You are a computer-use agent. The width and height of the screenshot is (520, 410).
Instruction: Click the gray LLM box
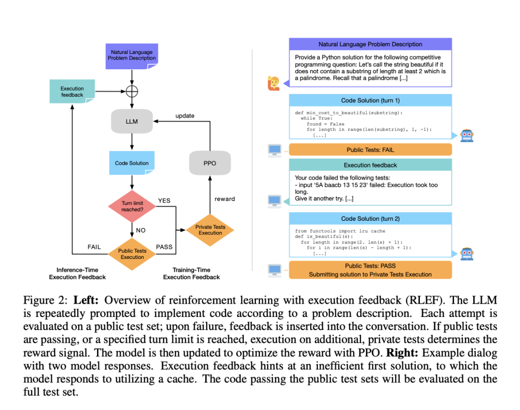click(x=132, y=122)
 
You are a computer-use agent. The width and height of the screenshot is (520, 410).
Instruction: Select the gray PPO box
click(x=210, y=164)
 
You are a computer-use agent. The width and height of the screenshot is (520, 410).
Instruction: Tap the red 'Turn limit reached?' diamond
click(x=132, y=206)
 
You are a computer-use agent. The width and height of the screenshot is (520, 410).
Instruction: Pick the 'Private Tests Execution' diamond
click(x=210, y=230)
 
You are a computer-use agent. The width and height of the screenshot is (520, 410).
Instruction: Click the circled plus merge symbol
click(x=132, y=92)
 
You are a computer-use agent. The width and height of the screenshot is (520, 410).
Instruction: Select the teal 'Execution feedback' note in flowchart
click(x=72, y=92)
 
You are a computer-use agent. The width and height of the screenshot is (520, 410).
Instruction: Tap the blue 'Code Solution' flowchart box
click(x=132, y=163)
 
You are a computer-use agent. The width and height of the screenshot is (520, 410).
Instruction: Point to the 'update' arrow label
click(x=184, y=115)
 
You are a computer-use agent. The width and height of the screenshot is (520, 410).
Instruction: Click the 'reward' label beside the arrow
click(x=224, y=199)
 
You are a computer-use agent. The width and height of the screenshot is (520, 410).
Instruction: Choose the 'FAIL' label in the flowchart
click(x=94, y=247)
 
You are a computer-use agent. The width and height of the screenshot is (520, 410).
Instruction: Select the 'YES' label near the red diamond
click(x=164, y=200)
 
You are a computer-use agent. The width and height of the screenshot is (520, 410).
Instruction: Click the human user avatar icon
click(x=273, y=83)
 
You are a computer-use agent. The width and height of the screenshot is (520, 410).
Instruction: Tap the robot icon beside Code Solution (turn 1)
click(x=466, y=135)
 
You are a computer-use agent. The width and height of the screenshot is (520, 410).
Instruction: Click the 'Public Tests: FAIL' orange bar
click(x=370, y=150)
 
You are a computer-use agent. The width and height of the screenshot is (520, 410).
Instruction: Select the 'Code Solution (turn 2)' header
click(x=370, y=218)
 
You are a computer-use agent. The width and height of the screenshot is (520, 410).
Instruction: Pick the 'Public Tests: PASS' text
click(x=370, y=266)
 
